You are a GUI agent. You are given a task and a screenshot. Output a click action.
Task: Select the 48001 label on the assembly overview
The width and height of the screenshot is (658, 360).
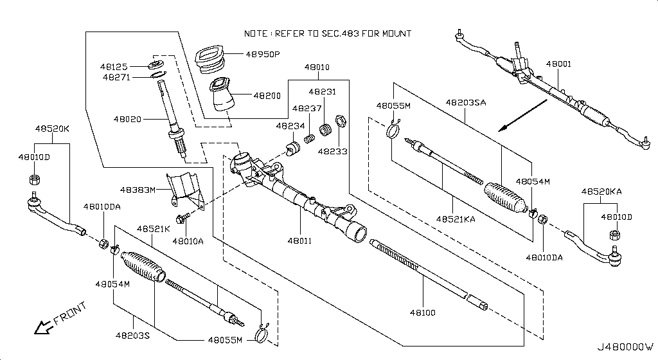point(558,64)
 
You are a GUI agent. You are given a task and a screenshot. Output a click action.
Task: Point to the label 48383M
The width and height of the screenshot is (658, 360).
point(137,190)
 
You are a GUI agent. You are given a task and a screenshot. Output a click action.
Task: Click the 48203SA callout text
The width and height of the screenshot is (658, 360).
point(466,102)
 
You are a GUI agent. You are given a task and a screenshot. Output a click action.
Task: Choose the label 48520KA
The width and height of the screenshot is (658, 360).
point(601,192)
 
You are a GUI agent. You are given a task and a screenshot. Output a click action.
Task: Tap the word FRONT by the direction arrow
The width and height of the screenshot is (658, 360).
point(69,314)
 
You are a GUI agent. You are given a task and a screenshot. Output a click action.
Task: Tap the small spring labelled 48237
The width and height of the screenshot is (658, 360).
point(309,138)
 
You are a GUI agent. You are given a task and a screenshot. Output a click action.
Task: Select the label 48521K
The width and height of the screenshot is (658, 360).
point(153,229)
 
